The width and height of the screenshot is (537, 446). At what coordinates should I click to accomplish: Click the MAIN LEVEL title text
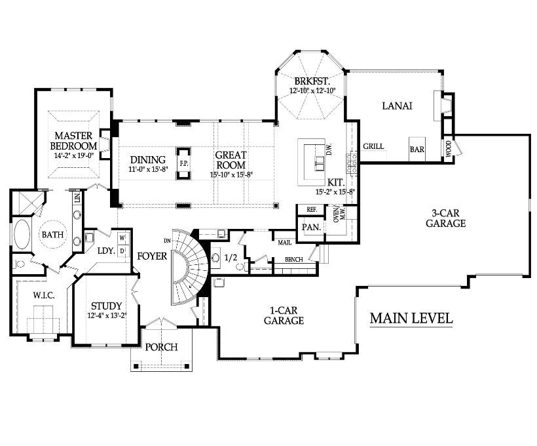click(x=411, y=318)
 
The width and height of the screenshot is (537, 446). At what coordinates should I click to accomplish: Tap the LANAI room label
click(x=397, y=106)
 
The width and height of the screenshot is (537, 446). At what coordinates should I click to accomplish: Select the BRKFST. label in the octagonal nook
click(x=312, y=81)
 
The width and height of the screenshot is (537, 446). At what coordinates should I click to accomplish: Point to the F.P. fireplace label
click(x=183, y=163)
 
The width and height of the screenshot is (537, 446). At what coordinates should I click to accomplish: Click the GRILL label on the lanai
click(x=373, y=146)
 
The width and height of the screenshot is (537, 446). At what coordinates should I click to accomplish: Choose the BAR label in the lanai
click(x=417, y=150)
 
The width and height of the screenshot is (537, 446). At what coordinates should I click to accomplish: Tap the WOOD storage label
click(x=449, y=148)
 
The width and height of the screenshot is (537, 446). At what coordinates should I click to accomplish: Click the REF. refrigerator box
click(x=311, y=210)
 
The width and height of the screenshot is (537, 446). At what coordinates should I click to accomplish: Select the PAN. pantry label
click(x=311, y=227)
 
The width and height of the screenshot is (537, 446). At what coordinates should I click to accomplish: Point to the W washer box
click(x=122, y=237)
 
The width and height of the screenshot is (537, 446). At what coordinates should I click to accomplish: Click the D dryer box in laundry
click(x=122, y=251)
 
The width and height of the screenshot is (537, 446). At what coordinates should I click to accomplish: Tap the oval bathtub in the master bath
click(x=22, y=234)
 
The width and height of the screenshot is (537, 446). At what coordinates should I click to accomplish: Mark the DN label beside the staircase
click(x=167, y=241)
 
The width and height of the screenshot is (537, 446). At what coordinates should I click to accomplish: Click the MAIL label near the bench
click(x=285, y=243)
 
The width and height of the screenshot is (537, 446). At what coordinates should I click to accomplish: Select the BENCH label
click(x=293, y=260)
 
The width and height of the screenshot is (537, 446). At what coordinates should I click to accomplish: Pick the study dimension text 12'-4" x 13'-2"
click(x=107, y=315)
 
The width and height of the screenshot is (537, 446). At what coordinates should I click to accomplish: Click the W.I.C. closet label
click(x=43, y=295)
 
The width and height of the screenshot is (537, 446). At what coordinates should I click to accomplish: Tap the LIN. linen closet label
click(x=77, y=197)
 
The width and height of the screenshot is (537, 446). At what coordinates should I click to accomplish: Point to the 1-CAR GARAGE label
click(x=284, y=315)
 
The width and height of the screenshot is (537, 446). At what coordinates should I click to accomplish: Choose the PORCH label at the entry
click(x=161, y=347)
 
